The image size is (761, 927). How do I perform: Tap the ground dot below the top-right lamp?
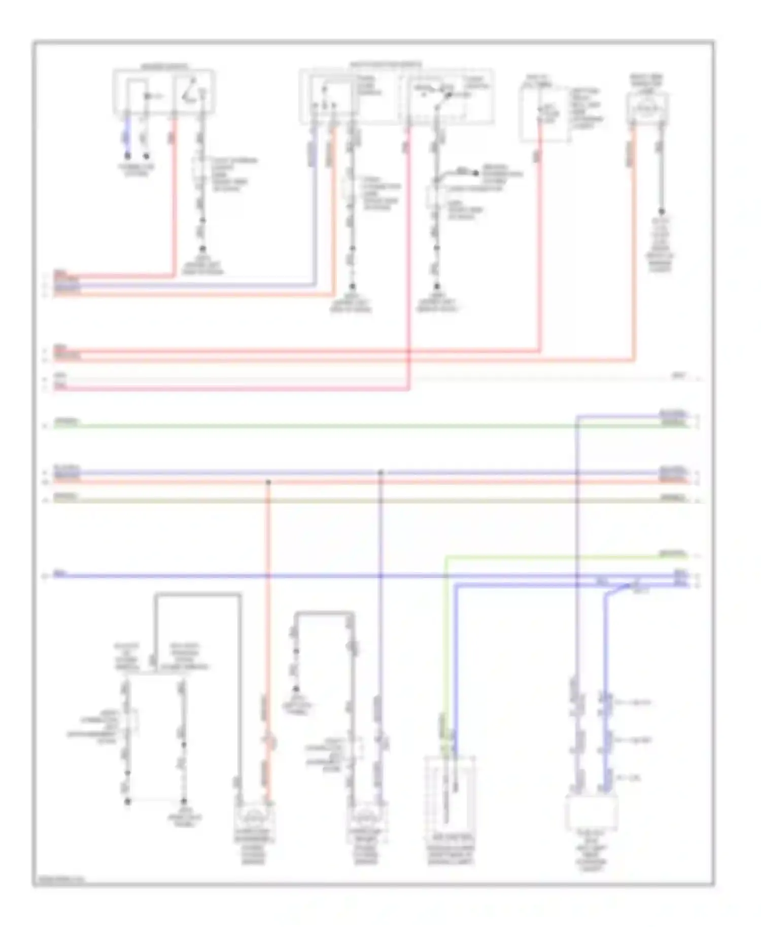tap(661, 212)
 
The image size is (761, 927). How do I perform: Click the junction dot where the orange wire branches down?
tap(268, 482)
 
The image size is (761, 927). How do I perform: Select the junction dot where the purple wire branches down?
tap(380, 473)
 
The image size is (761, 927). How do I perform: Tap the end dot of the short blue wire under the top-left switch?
tap(128, 156)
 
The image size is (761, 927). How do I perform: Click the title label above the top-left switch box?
tap(163, 66)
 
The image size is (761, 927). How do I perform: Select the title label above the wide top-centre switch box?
tap(386, 64)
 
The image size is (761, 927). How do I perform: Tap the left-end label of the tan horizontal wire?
tap(66, 495)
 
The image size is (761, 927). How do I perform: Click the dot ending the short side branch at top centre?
tap(475, 173)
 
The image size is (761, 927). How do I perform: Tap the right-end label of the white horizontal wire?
tap(678, 376)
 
